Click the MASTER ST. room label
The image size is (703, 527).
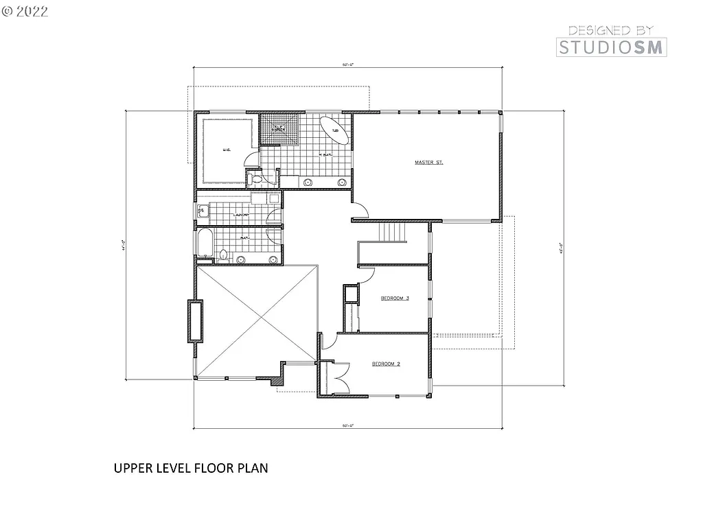coord(429,163)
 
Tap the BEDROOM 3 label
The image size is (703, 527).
coord(395,298)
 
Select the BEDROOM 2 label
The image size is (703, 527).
coord(387,364)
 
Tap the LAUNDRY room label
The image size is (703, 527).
coord(240,215)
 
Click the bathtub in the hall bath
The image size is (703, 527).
coord(205,243)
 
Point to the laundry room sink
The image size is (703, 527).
coord(202,212)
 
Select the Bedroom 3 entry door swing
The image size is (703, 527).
coord(366,272)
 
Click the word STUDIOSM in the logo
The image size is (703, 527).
coord(610,47)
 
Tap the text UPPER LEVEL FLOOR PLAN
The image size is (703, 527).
coord(190,469)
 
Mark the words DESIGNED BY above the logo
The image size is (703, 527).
coord(610,30)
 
